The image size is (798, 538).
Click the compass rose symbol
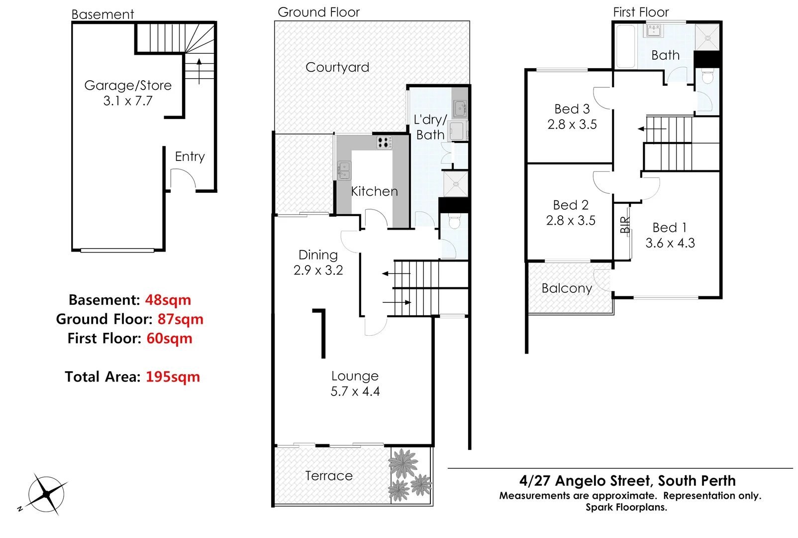tap(46, 494)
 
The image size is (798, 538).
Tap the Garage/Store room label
tap(128, 86)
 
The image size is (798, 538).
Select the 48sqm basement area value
tap(168, 300)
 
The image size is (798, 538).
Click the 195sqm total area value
tap(173, 377)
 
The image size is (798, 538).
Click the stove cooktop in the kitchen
tap(384, 143)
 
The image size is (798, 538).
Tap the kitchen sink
tap(344, 170)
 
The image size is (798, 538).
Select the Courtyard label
tap(337, 67)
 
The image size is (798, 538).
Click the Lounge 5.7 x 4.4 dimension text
tap(355, 392)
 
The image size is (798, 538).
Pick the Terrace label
tap(329, 476)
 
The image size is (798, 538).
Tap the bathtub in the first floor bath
tap(625, 46)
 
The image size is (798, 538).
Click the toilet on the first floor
tap(707, 77)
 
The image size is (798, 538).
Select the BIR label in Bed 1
tap(625, 225)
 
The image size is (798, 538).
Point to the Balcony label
tap(567, 288)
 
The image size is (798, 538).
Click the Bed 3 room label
tap(572, 109)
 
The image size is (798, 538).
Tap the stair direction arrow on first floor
tap(652, 129)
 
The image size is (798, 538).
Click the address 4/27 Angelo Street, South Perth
tap(627, 481)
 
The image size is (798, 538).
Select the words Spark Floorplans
tap(626, 507)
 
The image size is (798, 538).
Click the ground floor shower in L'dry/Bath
tap(455, 184)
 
